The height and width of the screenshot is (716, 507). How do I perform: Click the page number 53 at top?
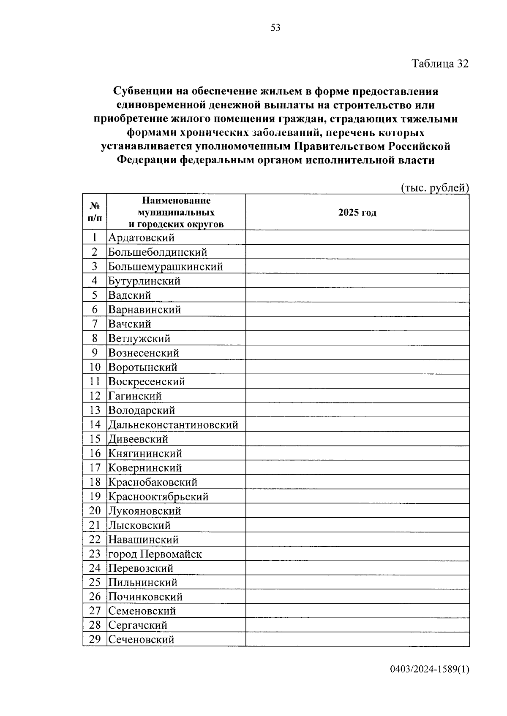point(275,28)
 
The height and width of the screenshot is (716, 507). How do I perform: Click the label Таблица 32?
point(440,64)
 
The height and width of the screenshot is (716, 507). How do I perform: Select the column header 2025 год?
point(357,213)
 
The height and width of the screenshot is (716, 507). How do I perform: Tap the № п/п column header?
point(95,212)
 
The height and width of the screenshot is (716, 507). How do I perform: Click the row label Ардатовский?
point(141,238)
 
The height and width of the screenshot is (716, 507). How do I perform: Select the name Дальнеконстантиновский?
point(173,425)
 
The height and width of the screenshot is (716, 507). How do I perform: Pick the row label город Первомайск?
point(155,554)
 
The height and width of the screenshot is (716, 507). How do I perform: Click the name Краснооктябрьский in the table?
point(158,497)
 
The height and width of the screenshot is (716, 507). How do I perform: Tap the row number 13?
point(95,411)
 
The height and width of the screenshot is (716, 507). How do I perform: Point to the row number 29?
point(95,640)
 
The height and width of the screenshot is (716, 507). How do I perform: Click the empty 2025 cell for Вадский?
point(357,295)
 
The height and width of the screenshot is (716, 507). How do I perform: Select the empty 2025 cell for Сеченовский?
point(357,640)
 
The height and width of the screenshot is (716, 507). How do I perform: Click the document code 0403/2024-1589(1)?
point(430,670)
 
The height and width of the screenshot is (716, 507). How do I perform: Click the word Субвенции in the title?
point(139,92)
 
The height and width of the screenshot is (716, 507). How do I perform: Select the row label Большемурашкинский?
point(165,267)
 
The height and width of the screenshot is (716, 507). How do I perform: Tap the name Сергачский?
point(138,625)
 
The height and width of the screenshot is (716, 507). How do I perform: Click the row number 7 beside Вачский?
point(95,324)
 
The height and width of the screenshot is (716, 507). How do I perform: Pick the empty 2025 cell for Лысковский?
point(357,525)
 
